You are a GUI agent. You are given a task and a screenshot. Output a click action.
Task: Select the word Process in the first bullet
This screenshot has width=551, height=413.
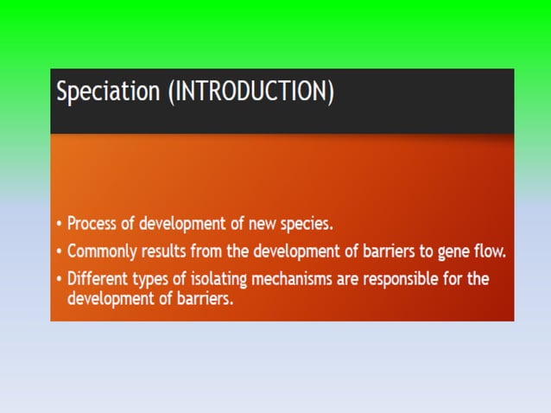[94, 223]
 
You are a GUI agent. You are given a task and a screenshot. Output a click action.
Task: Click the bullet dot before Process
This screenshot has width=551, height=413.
[58, 224]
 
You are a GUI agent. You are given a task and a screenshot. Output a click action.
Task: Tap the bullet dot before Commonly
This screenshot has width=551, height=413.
[58, 252]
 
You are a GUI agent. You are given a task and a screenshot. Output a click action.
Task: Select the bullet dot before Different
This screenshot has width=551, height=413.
[58, 281]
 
